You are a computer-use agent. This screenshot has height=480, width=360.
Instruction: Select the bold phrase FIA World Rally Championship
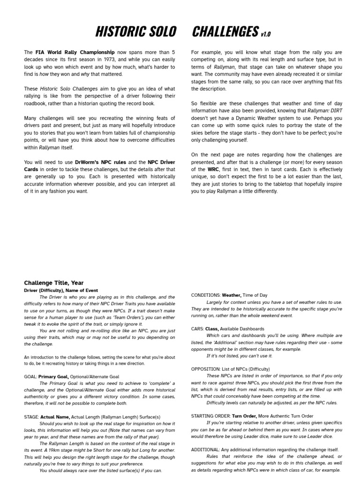pos(75,52)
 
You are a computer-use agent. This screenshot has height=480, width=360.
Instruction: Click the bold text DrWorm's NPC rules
pos(100,162)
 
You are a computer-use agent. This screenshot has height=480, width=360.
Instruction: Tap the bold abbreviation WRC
pos(213,169)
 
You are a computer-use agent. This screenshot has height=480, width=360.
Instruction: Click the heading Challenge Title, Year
pos(54,283)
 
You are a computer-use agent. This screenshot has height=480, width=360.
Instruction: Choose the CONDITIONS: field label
pos(206,295)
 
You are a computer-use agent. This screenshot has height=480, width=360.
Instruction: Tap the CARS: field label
pos(197,329)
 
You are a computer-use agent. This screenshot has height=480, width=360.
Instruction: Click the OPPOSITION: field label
pos(205,369)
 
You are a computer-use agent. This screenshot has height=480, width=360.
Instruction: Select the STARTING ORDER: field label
pos(210,416)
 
